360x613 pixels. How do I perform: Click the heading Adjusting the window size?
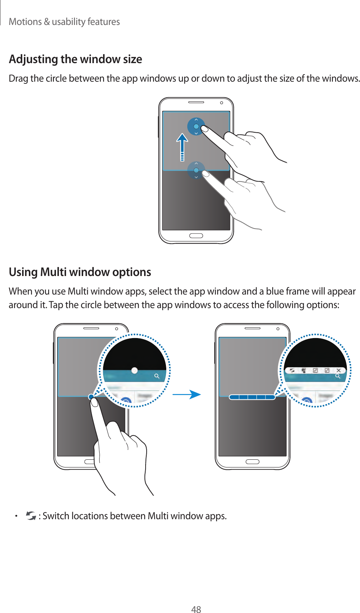coord(75,59)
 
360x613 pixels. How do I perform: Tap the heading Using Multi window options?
coord(80,272)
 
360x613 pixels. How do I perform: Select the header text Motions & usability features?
coord(64,22)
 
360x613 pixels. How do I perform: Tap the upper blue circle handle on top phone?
coord(196,126)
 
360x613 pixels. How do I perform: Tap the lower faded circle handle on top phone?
coord(196,170)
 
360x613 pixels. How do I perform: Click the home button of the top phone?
coord(196,236)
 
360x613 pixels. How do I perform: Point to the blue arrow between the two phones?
coord(187,394)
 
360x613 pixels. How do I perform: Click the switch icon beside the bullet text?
coord(31,516)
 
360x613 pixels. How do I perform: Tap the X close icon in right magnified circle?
coord(339,371)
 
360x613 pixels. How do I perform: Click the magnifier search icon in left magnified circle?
coord(157,376)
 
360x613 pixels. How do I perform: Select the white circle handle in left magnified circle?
coord(134,371)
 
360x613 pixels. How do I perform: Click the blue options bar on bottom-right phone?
coord(252,397)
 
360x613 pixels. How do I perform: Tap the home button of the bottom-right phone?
coord(252,462)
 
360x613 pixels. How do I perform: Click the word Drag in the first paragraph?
coord(18,78)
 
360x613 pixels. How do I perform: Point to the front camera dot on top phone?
coord(221,103)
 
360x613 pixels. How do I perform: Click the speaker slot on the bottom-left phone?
coord(91,328)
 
